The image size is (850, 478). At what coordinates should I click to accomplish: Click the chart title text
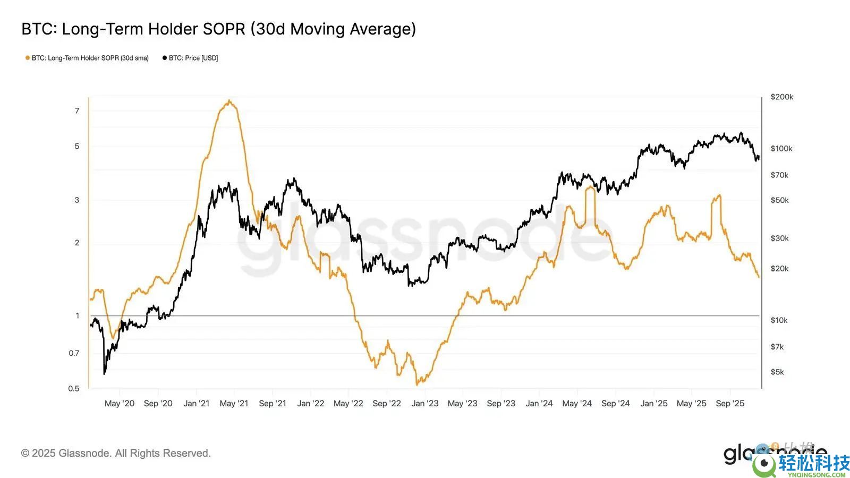pos(218,29)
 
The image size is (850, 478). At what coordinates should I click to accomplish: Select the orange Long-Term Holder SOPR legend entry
pos(87,58)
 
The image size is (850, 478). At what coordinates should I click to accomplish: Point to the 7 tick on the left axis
pos(77,110)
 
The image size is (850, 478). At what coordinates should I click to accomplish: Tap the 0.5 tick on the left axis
pos(74,388)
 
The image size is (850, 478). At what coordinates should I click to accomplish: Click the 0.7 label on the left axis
pos(74,353)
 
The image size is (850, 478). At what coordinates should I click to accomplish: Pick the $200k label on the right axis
pos(781,97)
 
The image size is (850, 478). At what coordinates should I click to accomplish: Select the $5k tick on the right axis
pos(777,372)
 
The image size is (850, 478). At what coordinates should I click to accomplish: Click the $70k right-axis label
pos(779,175)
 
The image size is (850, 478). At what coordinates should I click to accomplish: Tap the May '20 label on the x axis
pos(120,403)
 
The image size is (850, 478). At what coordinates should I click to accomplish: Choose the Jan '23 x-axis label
pos(425,403)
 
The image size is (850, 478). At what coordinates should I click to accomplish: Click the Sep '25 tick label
pos(730,403)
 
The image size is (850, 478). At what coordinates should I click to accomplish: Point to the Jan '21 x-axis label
pos(197,403)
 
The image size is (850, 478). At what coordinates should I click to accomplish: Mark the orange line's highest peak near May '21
pos(229,100)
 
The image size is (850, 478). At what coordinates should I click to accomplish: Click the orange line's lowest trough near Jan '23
pos(418,384)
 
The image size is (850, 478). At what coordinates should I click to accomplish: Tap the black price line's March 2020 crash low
pos(104,374)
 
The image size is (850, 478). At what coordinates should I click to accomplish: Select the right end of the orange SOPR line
pos(759,277)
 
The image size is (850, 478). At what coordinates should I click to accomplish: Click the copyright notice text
pos(116,453)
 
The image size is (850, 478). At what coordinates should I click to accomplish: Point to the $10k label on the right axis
pos(779,320)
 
